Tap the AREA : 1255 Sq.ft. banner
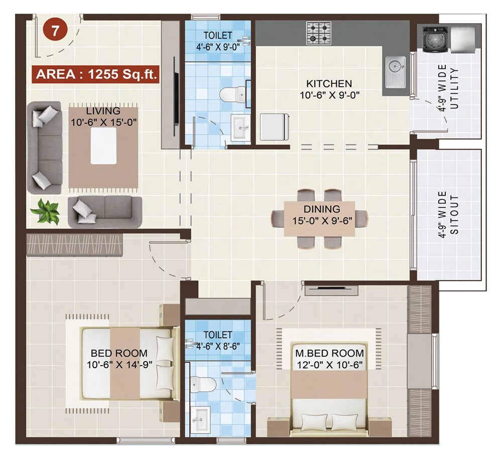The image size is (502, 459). coord(96,75)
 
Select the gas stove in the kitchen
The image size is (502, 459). coord(319,33)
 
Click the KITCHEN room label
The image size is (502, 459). coord(329,83)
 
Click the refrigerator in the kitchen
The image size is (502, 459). coord(274,127)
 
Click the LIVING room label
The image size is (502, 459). coord(103,111)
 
